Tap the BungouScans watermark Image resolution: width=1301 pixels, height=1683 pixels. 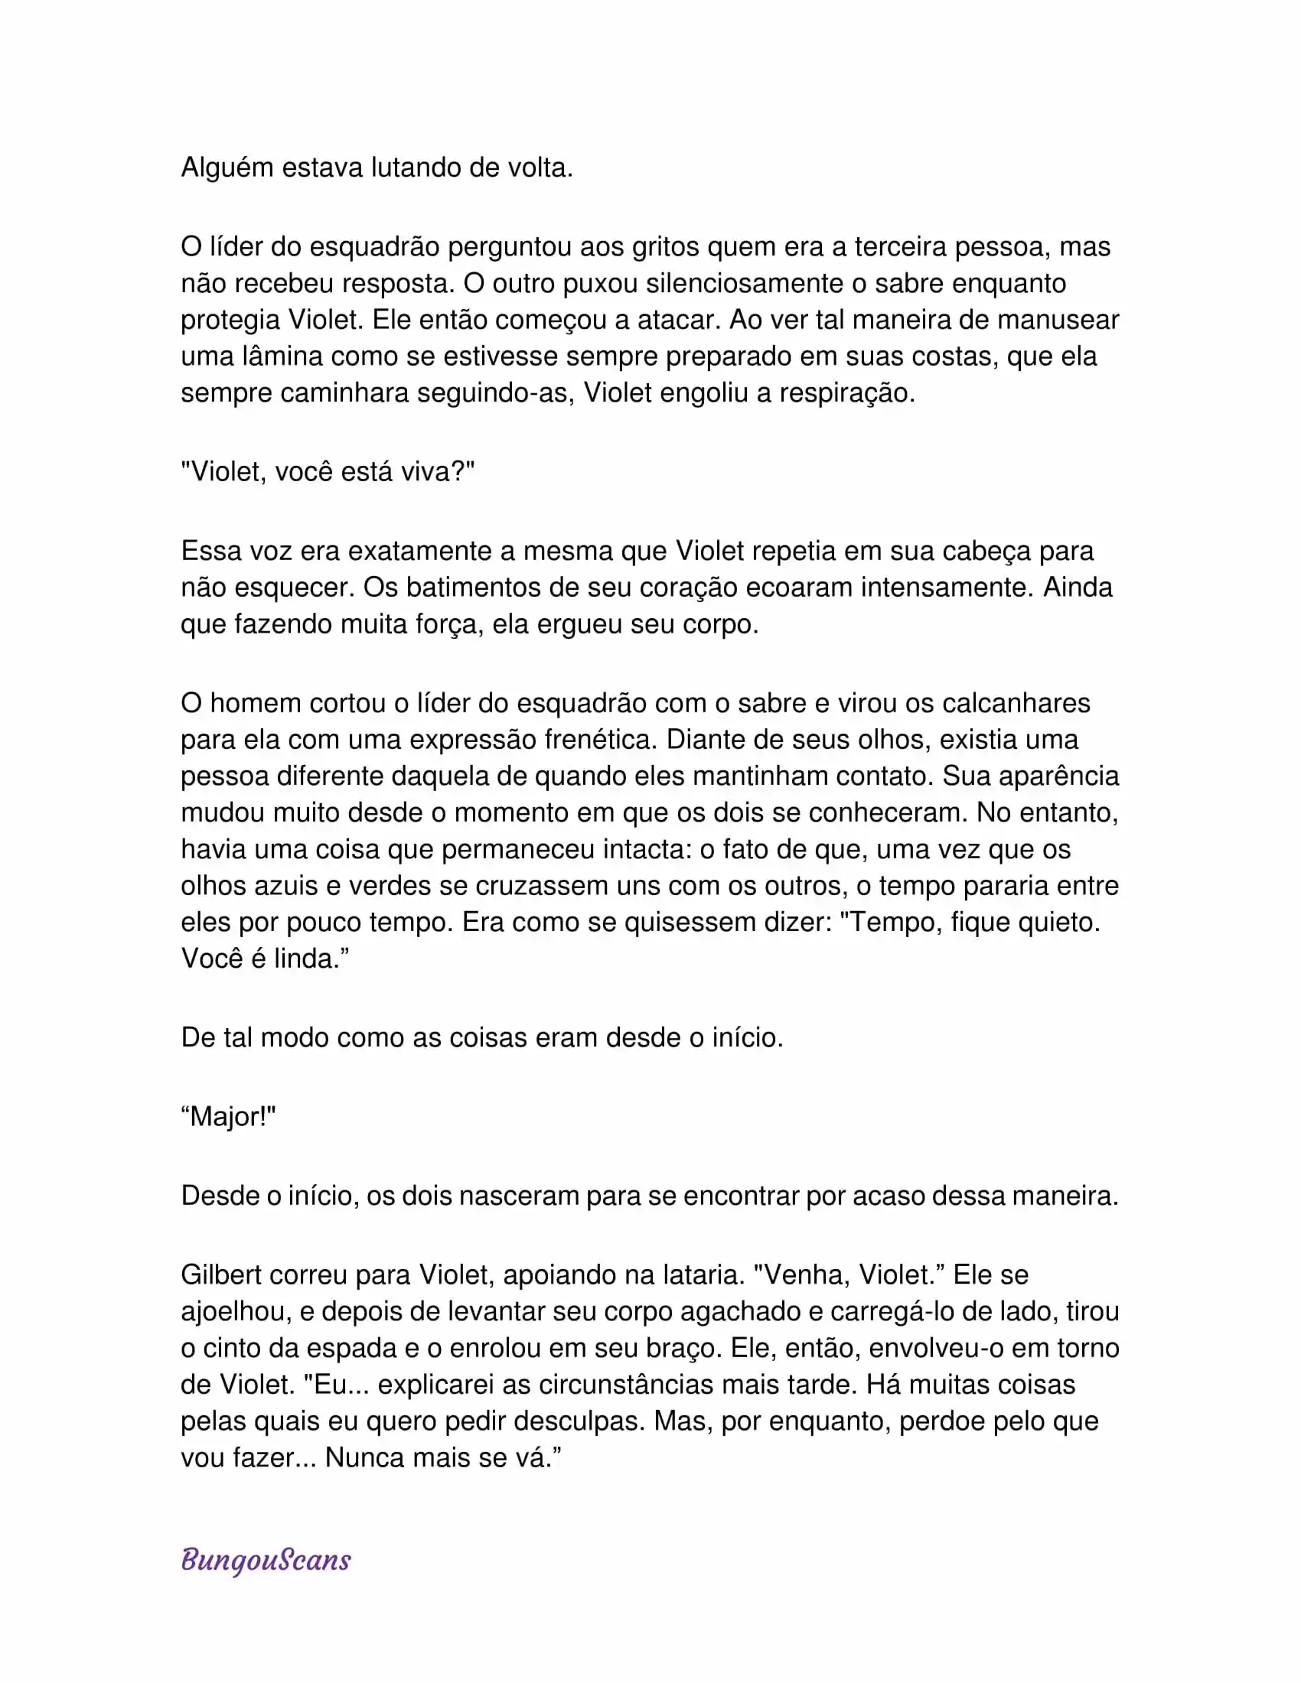(266, 1560)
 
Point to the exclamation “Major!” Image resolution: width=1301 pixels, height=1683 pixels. (228, 1117)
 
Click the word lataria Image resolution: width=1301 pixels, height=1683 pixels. (703, 1274)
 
